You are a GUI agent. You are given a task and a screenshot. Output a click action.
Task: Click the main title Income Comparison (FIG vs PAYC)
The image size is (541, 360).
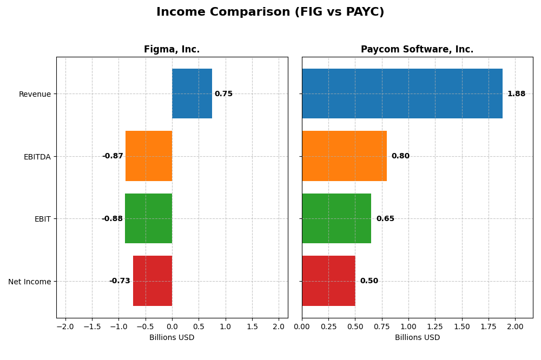[270, 12]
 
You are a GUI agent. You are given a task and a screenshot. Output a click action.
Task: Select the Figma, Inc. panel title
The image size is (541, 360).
[171, 50]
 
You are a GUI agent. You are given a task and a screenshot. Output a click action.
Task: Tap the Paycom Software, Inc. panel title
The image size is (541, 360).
[417, 50]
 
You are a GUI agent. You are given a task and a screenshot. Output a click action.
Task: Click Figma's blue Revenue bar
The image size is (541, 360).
[192, 94]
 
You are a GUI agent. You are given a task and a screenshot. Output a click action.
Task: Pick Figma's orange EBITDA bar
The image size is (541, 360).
[149, 156]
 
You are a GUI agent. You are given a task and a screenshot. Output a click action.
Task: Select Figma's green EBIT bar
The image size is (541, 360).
[148, 218]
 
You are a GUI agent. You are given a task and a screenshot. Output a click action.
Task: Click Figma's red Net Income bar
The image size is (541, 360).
[153, 281]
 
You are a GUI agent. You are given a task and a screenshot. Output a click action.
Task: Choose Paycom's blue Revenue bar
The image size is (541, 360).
[402, 94]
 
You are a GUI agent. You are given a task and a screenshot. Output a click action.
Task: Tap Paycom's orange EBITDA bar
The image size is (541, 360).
[344, 156]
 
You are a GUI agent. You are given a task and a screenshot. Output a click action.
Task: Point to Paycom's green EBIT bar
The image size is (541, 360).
[337, 218]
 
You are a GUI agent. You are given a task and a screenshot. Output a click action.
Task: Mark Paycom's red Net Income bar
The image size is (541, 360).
[328, 281]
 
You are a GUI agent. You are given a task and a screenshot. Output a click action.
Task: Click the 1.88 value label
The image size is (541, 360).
[516, 94]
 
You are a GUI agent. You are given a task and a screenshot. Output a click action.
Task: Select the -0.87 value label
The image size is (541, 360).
[113, 156]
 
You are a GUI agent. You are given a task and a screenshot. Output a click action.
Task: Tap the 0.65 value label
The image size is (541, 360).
[385, 219]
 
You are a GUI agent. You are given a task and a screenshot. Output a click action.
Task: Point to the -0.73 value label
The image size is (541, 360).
[120, 281]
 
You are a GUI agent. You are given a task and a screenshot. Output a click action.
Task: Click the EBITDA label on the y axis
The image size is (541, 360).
[37, 157]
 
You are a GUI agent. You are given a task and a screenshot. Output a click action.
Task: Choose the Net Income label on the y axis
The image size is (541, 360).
[29, 282]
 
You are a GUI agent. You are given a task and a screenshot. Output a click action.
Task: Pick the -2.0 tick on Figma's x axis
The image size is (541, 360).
[65, 327]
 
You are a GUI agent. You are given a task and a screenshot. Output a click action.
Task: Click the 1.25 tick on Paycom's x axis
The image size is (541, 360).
[435, 327]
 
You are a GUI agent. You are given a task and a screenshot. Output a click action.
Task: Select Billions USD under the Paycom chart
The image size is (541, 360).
[417, 338]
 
